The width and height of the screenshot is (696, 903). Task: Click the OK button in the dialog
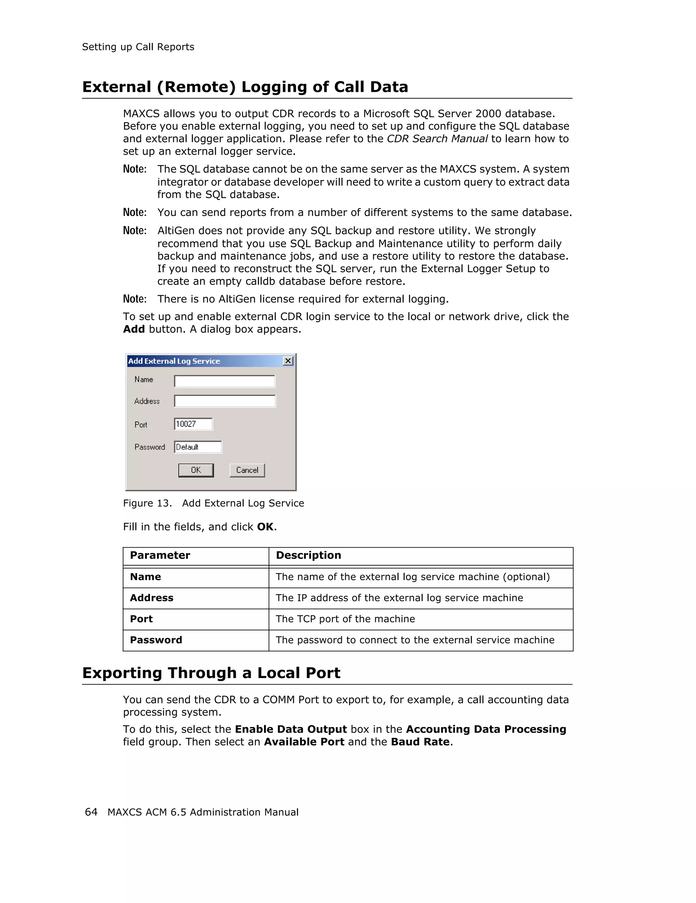[x=196, y=470]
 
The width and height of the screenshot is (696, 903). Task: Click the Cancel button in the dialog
[x=247, y=470]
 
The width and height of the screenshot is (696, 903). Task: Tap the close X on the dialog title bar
[x=288, y=361]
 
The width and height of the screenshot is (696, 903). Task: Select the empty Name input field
[x=224, y=381]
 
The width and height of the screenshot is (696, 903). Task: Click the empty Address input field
[x=224, y=401]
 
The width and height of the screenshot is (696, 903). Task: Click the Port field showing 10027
[x=193, y=424]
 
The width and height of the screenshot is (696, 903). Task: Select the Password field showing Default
[x=197, y=447]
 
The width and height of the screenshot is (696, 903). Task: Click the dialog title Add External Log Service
[x=174, y=361]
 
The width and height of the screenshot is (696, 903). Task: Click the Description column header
[x=308, y=555]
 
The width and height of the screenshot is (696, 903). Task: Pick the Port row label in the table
[x=141, y=619]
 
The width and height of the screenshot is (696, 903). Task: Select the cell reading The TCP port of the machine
[x=345, y=619]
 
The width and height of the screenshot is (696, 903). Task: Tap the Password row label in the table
[x=156, y=640]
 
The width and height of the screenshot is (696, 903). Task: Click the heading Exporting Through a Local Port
[x=211, y=673]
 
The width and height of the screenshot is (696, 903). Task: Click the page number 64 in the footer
[x=91, y=812]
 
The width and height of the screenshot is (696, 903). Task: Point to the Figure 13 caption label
[x=147, y=503]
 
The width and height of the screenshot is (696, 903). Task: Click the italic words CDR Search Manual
[x=437, y=139]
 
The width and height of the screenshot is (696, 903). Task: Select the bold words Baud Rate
[x=420, y=742]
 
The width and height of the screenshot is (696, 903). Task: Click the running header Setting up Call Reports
[x=138, y=47]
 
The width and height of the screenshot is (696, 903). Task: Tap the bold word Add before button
[x=134, y=330]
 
